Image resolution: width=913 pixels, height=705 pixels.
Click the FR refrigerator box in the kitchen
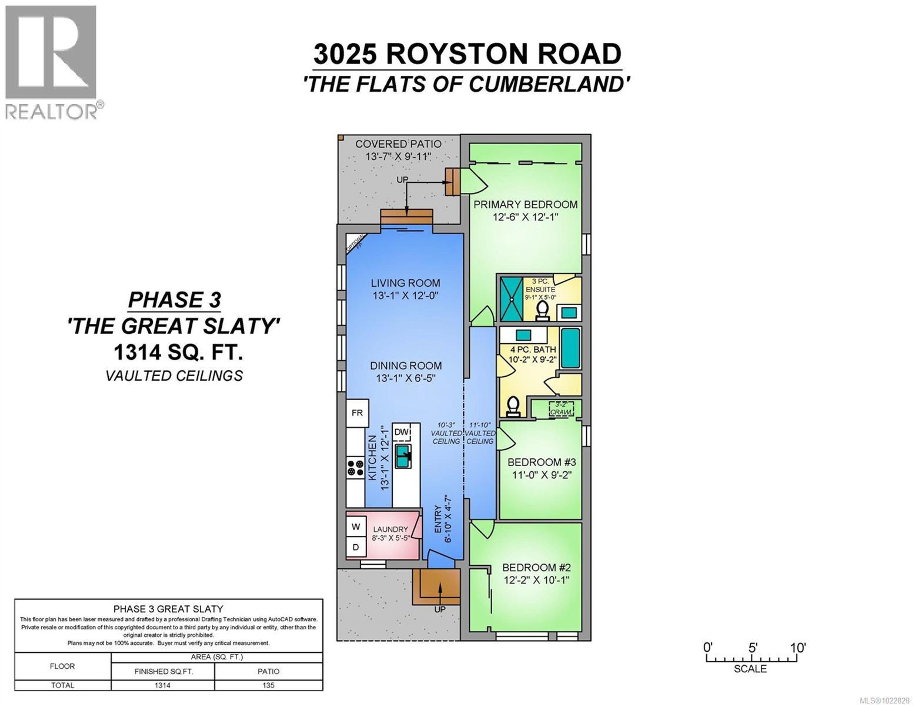coord(357,413)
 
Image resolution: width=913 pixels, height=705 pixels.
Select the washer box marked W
coord(356,527)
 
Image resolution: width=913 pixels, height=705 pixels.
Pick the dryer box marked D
coord(356,547)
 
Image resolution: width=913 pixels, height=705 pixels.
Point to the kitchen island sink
coord(404,456)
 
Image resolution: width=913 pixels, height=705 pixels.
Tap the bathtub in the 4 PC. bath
coord(570,348)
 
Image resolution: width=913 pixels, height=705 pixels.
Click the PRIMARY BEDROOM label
coord(525,204)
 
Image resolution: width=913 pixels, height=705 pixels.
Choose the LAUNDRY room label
coord(390,529)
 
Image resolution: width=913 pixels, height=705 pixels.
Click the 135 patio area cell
coord(268,685)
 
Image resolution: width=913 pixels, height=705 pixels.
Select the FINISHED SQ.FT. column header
coord(163,671)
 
